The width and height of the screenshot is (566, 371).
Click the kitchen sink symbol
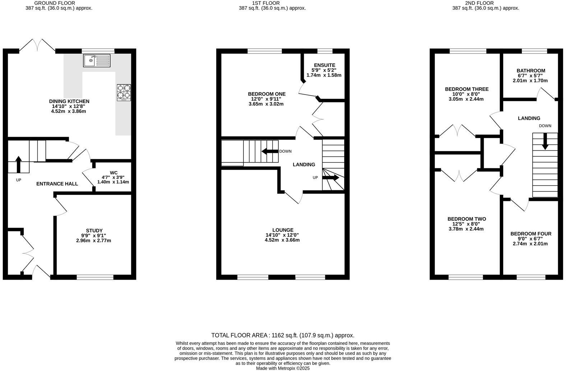pyautogui.click(x=97, y=60)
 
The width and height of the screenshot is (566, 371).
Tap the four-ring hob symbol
pyautogui.click(x=124, y=92)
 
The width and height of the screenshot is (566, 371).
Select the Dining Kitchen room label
pyautogui.click(x=69, y=101)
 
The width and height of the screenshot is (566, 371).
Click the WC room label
pyautogui.click(x=113, y=173)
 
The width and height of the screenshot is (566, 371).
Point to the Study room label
pyautogui.click(x=94, y=230)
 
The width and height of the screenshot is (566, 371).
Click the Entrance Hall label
pyautogui.click(x=57, y=184)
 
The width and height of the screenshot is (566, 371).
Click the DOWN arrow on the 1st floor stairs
pyautogui.click(x=270, y=151)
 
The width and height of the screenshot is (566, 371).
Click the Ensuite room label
pyautogui.click(x=324, y=65)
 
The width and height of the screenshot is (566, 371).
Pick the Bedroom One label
pyautogui.click(x=266, y=94)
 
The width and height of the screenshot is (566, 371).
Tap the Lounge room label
pyautogui.click(x=283, y=230)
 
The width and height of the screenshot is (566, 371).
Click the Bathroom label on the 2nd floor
pyautogui.click(x=530, y=70)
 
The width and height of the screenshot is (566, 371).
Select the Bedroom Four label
pyautogui.click(x=530, y=234)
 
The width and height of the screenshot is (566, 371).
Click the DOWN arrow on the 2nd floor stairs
pyautogui.click(x=545, y=141)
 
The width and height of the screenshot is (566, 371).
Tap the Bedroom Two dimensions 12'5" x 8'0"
pyautogui.click(x=466, y=224)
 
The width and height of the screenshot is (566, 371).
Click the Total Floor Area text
pyautogui.click(x=283, y=335)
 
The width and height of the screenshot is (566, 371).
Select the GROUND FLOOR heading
pyautogui.click(x=55, y=3)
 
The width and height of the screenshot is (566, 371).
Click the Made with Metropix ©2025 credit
pyautogui.click(x=283, y=368)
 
